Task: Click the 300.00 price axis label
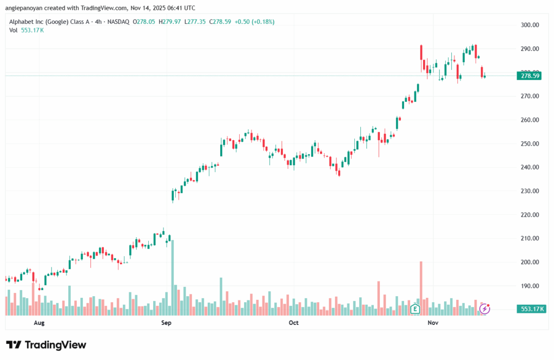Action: pos(530,25)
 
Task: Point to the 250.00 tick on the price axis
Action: pos(530,143)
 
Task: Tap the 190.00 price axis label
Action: pos(530,286)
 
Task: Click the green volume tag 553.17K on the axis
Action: pos(531,309)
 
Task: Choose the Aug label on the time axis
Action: pos(38,323)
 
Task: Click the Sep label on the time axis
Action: pos(166,323)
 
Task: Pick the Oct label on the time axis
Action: pos(294,323)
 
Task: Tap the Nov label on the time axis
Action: pos(432,323)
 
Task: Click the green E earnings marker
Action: pos(415,309)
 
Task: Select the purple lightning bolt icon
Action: pos(485,309)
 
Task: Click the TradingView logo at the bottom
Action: pos(46,345)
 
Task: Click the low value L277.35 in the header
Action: pos(193,22)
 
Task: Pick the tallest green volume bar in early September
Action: pos(173,276)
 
